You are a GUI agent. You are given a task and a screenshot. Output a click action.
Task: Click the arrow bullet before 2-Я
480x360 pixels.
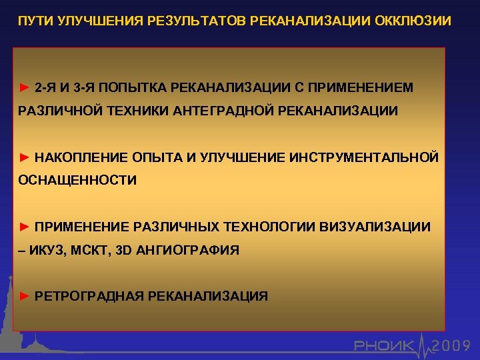point(24,87)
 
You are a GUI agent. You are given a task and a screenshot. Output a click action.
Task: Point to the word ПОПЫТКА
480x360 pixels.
point(136,87)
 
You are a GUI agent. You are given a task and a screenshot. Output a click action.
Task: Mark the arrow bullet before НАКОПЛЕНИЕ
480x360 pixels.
point(24,157)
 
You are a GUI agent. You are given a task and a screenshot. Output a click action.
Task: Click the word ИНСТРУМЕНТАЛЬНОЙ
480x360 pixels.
point(364,157)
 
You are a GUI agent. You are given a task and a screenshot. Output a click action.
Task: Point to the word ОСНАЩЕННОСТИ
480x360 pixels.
point(77,180)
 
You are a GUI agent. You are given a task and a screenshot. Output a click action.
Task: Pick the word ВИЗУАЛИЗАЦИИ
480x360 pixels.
point(376,227)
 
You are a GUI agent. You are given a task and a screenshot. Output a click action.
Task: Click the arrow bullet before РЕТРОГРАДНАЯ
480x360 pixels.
point(24,296)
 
